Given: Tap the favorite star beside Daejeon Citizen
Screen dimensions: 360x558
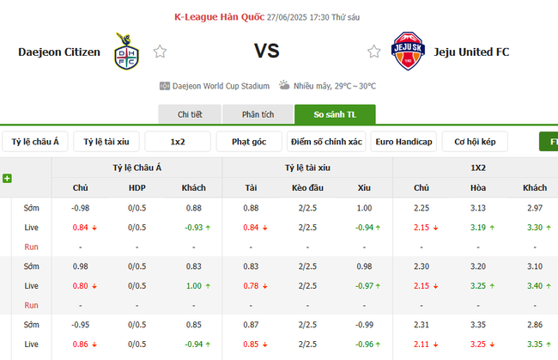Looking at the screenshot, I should [x=160, y=52].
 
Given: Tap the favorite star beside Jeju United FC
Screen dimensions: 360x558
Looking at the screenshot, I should [x=373, y=52].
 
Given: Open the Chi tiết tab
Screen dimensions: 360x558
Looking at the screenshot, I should [x=189, y=114].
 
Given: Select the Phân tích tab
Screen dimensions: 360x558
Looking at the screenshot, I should [x=258, y=114].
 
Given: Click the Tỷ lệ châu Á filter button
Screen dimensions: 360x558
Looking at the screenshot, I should [x=34, y=142].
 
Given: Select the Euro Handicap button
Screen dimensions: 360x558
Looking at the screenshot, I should [x=403, y=142].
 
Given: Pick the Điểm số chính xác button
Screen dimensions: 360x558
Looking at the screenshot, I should [x=326, y=142].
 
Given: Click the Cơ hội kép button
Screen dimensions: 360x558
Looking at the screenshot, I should [x=475, y=142].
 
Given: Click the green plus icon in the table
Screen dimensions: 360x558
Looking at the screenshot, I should [x=7, y=178].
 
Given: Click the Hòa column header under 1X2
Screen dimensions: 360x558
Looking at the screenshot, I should [x=477, y=187].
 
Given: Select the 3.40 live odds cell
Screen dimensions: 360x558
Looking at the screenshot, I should [x=533, y=285].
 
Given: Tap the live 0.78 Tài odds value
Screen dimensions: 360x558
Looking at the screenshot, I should [x=251, y=285].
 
